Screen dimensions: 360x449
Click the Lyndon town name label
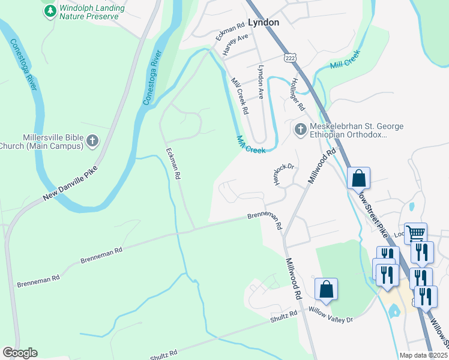point(264,22)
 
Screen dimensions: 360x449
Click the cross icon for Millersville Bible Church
point(92,140)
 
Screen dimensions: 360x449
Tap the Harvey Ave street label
point(235,45)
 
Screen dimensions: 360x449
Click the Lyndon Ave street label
point(261,82)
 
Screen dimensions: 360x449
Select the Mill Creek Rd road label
point(239,95)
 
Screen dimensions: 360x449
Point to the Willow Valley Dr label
point(331,316)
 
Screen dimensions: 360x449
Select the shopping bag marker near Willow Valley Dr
point(326,289)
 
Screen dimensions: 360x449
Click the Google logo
point(20,353)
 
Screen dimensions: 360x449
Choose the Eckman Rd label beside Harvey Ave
point(231,34)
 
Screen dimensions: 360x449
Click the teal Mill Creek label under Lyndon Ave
point(251,145)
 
